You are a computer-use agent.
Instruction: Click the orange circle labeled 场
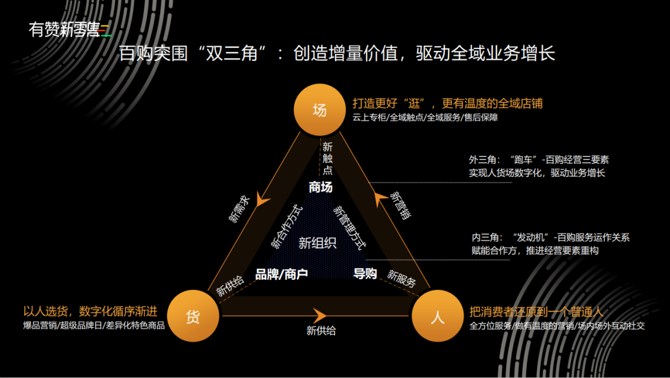pos(319,110)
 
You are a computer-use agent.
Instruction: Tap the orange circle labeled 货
pos(193,316)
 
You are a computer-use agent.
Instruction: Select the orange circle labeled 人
pos(438,317)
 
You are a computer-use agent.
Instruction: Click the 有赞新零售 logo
pos(69,29)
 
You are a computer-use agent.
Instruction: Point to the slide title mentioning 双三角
pos(336,53)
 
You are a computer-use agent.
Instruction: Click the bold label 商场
pos(321,187)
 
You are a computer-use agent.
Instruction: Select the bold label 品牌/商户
pos(282,274)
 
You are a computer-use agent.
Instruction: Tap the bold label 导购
pos(365,273)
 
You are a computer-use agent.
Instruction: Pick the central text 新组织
pos(317,243)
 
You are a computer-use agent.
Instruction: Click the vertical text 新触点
pos(327,158)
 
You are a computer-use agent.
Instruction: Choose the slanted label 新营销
pos(400,205)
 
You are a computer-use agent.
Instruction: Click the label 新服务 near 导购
pos(402,277)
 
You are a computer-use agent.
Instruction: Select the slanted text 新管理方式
pos(349,227)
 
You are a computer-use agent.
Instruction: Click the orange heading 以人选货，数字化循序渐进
pos(91,311)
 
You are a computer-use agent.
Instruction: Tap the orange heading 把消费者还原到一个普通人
pos(537,312)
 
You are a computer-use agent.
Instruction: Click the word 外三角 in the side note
pos(482,160)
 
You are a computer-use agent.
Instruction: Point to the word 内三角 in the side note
pos(484,238)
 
